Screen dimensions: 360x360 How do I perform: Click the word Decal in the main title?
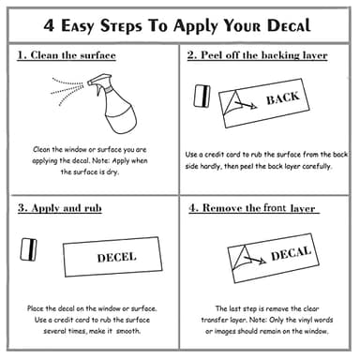pos(289,25)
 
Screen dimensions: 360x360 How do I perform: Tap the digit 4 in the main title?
pos(49,25)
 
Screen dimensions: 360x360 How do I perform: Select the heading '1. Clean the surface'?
pos(67,55)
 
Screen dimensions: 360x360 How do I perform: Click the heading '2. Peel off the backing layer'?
pos(257,55)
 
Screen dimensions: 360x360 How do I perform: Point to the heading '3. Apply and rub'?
pos(60,208)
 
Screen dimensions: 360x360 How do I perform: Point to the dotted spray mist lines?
pos(67,90)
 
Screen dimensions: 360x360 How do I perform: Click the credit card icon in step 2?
pos(202,96)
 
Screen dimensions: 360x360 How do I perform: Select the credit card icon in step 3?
pos(28,249)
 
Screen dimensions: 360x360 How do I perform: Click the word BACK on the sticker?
pos(282,98)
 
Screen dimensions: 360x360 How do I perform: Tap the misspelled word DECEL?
pos(116,257)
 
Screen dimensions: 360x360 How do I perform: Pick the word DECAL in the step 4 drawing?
pos(291,253)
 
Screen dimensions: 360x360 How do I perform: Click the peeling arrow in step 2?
pos(246,105)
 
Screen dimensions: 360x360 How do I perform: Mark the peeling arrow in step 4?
pos(255,260)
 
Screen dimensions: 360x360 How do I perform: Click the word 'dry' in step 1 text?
pos(112,172)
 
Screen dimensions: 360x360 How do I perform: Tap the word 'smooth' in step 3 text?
pos(128,331)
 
